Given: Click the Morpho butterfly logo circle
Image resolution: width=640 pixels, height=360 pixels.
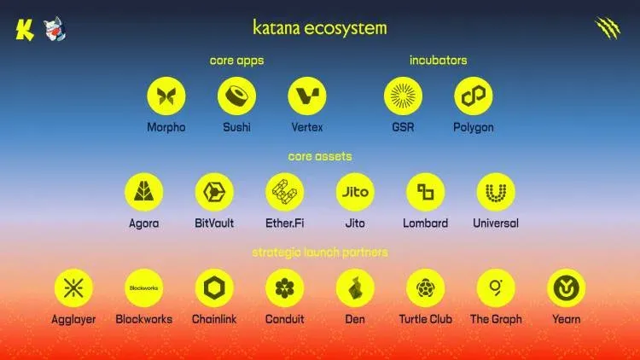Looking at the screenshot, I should pos(166,96).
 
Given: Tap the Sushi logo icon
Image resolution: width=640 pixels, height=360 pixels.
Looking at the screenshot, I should pos(236,96).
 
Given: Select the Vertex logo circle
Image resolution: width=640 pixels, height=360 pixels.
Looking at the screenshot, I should pos(307,96).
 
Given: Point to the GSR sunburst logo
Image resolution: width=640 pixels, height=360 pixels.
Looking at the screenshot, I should pos(403,96).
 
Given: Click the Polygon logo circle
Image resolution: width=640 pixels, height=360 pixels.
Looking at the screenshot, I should pos(473,96).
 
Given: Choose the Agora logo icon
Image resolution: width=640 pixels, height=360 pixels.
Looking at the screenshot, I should pos(143,193).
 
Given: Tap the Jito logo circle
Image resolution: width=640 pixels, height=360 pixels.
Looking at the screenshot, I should pos(355,193).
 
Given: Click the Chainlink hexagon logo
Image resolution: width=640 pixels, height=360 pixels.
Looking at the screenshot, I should pos(214,289).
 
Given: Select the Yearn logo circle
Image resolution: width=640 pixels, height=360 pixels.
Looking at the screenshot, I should pos(566,289).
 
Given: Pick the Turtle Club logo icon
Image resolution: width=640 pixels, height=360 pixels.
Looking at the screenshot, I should pos(425,289).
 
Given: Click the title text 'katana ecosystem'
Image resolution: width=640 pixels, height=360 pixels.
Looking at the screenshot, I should pos(320,27).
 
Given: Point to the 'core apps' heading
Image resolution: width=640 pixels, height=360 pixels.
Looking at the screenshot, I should pos(236,61).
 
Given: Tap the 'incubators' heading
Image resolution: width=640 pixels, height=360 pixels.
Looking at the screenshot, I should pos(438,61).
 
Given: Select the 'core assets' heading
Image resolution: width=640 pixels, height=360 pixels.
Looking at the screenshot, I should pos(320,157).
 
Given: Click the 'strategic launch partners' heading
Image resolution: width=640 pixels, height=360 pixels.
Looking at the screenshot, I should pos(320,253).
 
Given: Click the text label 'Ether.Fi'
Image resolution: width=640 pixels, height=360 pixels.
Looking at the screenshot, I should pos(284,224).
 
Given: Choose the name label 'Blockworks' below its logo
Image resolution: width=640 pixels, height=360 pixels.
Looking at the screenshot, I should pos(143,320).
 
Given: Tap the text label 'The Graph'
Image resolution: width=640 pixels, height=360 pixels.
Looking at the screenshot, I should pos(496,320).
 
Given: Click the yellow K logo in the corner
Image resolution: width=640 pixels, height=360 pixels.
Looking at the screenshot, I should pos(24,28).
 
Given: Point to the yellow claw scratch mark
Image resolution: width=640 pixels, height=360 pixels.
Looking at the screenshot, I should pos(607,28).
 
